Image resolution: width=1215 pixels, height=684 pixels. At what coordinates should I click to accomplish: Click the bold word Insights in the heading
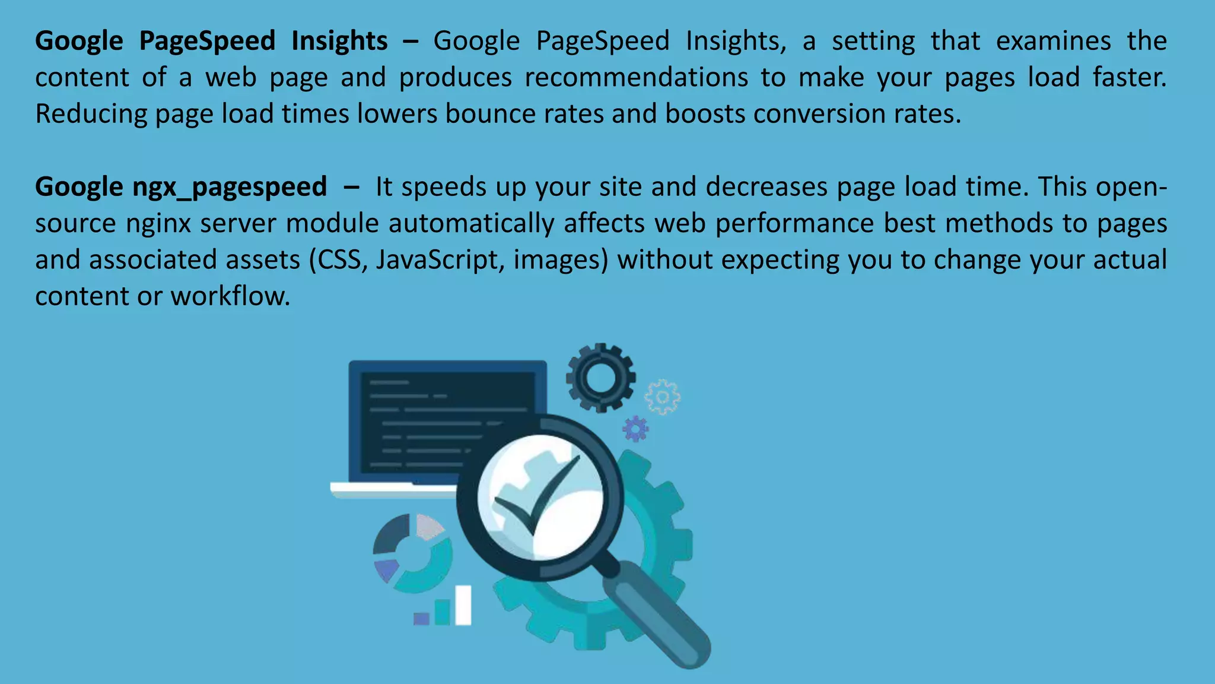pyautogui.click(x=339, y=42)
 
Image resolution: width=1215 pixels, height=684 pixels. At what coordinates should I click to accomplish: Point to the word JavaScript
pyautogui.click(x=437, y=260)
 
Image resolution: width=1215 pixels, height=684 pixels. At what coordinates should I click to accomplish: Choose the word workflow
pyautogui.click(x=230, y=296)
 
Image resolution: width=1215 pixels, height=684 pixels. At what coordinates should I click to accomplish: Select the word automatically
pyautogui.click(x=472, y=224)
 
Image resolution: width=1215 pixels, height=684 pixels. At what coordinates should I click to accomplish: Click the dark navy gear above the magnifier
pyautogui.click(x=600, y=378)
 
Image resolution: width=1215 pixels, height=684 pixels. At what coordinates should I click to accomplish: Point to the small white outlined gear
pyautogui.click(x=662, y=397)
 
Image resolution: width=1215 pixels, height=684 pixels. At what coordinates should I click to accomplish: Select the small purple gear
pyautogui.click(x=635, y=428)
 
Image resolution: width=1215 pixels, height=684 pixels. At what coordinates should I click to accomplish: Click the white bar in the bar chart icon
pyautogui.click(x=463, y=605)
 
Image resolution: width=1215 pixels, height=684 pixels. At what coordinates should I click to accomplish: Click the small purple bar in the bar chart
pyautogui.click(x=421, y=619)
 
